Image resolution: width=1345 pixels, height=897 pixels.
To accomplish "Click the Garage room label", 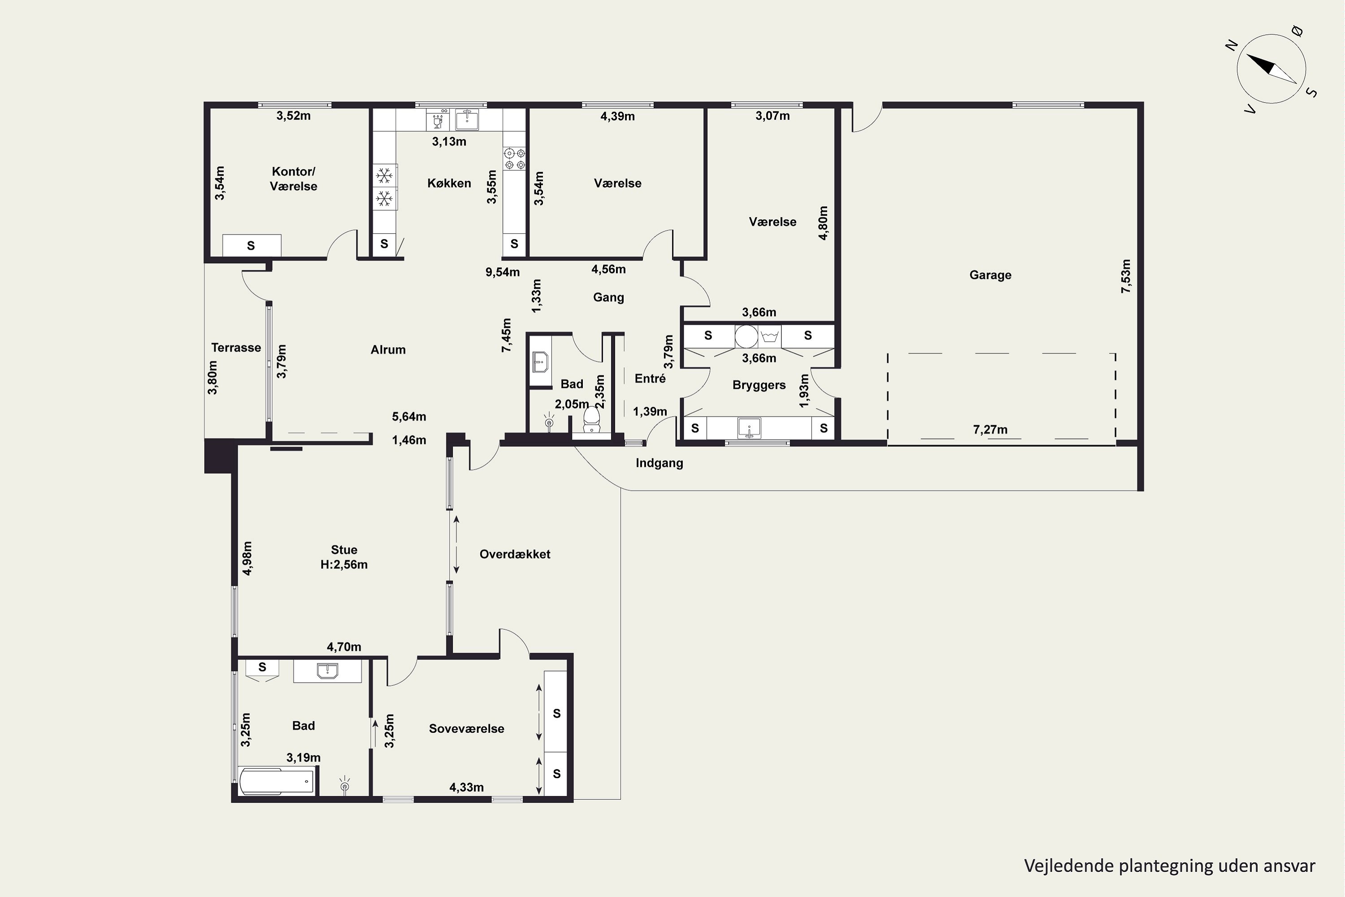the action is tap(990, 275).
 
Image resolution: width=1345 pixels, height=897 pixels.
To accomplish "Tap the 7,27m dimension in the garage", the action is tap(990, 430).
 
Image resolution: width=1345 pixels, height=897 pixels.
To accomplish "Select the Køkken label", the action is tap(449, 183).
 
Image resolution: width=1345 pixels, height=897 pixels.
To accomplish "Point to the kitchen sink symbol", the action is tap(467, 119).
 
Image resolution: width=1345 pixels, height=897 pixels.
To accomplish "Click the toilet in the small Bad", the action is tap(591, 419).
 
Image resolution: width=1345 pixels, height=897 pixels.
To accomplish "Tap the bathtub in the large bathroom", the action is tap(277, 781).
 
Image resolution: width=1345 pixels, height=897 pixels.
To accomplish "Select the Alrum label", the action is tap(388, 349).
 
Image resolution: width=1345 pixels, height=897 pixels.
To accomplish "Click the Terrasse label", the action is tap(236, 347).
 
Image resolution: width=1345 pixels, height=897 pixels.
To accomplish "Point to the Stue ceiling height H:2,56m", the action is tap(344, 565).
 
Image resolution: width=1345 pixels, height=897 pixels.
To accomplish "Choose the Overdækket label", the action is tap(515, 554).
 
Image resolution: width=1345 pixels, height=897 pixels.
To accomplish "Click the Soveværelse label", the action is tap(467, 728).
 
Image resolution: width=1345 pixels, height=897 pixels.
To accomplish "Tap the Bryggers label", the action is tap(759, 385).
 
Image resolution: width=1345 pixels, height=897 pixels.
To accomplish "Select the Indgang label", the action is tap(659, 463).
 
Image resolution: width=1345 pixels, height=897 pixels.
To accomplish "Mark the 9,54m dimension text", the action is tap(503, 272).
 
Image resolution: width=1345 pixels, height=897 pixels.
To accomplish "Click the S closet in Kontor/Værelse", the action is tap(251, 245).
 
